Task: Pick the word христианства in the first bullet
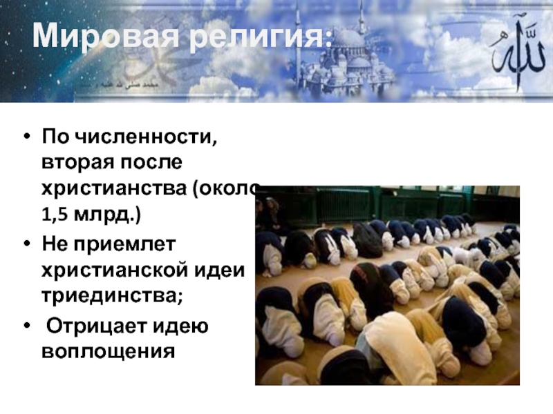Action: pyautogui.click(x=113, y=187)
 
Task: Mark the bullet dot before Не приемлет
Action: pyautogui.click(x=26, y=244)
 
